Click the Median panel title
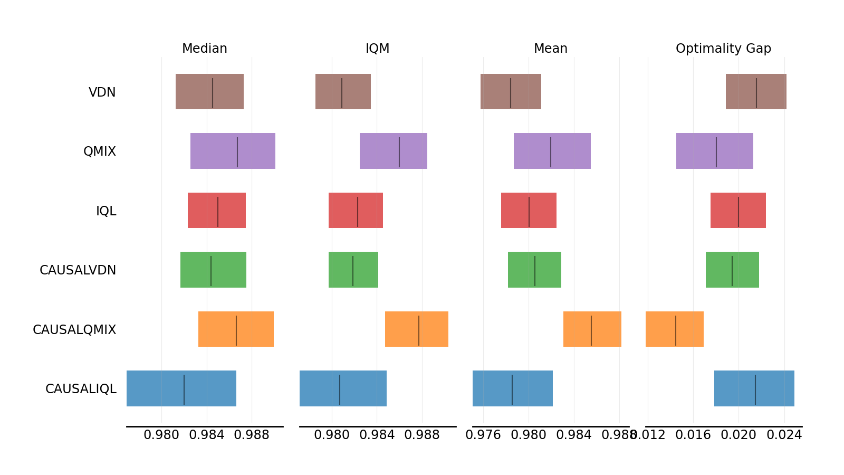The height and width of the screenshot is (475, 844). tap(204, 49)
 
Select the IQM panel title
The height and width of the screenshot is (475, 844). tap(377, 49)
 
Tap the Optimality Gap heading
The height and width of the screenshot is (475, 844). tap(723, 49)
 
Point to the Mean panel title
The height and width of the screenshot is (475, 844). tap(550, 49)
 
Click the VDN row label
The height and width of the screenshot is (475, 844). tap(102, 92)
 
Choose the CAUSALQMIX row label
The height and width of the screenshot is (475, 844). tap(74, 330)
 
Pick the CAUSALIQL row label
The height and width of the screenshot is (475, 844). tap(81, 389)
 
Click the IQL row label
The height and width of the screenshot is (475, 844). tap(106, 211)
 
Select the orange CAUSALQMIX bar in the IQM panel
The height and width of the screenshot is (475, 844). tap(417, 329)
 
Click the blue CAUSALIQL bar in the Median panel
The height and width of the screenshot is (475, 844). tap(181, 388)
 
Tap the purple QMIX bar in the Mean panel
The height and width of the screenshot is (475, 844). tap(552, 151)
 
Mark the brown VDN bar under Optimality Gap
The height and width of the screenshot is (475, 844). tap(756, 91)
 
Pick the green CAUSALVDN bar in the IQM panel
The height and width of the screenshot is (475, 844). tap(353, 270)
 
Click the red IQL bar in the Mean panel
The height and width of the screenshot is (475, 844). tap(529, 210)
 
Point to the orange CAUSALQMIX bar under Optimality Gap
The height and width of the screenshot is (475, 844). tap(675, 329)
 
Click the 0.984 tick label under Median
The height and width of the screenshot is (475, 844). tap(207, 435)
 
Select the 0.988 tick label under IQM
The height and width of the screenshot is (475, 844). tap(422, 435)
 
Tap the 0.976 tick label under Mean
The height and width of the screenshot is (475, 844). tap(483, 435)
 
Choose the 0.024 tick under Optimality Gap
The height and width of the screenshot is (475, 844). tap(784, 435)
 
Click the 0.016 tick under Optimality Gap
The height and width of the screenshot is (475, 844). tap(693, 435)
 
